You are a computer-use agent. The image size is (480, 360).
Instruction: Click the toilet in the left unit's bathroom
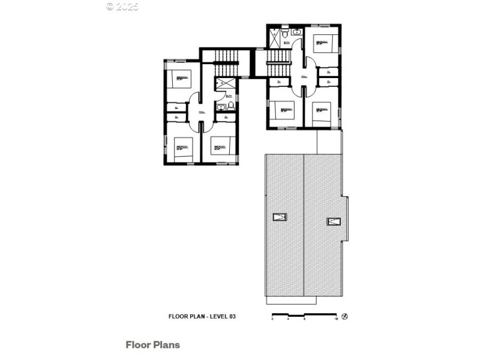pyautogui.click(x=230, y=107)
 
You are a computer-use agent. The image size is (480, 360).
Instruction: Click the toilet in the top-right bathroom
pyautogui.click(x=285, y=34)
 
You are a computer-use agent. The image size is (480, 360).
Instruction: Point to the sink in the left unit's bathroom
pyautogui.click(x=221, y=108)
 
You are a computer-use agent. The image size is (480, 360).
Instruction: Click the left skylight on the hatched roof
pyautogui.click(x=279, y=217)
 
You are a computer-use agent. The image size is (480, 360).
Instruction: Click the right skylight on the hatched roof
pyautogui.click(x=333, y=221)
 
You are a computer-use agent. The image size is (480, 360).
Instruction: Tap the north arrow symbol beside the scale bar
pyautogui.click(x=345, y=316)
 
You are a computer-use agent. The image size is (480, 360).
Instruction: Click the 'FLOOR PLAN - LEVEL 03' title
pyautogui.click(x=202, y=316)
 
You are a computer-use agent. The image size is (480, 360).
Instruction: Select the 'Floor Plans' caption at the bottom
pyautogui.click(x=152, y=345)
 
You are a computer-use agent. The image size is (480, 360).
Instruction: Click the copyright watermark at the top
pyautogui.click(x=122, y=7)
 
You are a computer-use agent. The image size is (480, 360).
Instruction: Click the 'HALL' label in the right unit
pyautogui.click(x=304, y=77)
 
